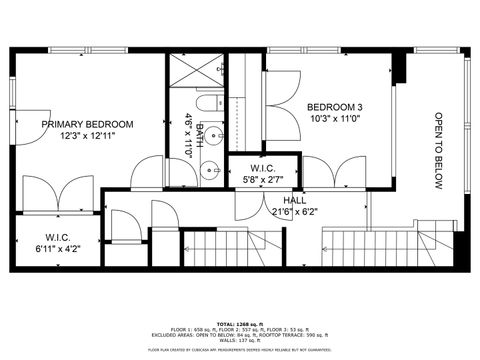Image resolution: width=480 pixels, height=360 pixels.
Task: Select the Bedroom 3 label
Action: point(335,107)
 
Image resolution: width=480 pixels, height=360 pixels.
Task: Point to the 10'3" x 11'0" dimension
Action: point(335,119)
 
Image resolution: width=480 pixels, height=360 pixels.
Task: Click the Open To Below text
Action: point(438,150)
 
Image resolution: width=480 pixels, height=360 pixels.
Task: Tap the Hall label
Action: point(295,200)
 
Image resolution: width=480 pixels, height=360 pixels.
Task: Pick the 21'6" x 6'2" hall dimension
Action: point(295,212)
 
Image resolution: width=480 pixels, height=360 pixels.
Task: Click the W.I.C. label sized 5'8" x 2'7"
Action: point(263,169)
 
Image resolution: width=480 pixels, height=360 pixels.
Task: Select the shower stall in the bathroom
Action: point(193,71)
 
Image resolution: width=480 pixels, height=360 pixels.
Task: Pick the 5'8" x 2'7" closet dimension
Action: point(263,181)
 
